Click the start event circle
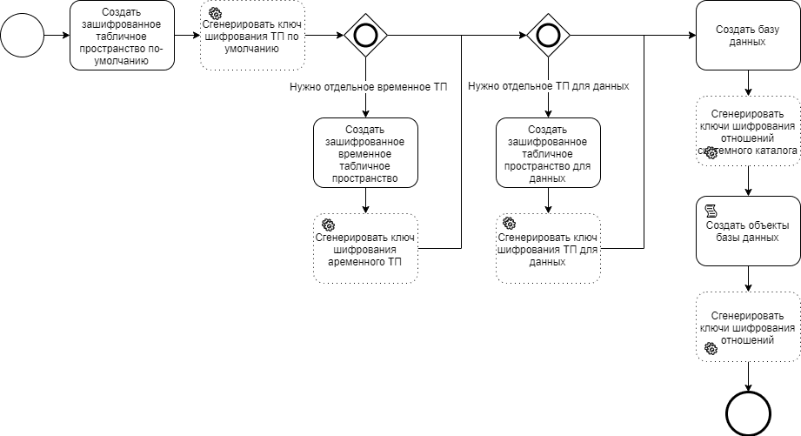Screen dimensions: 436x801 point(23,36)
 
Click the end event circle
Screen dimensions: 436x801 point(748,413)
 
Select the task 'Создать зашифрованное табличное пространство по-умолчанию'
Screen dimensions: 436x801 point(122,36)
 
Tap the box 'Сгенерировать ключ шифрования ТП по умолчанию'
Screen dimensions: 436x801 point(252,36)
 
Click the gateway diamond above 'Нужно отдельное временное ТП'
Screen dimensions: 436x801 point(365,36)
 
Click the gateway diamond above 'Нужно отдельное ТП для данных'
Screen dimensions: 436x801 point(548,36)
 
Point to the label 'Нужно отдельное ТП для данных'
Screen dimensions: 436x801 point(548,87)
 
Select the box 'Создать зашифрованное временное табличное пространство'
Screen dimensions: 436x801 point(365,152)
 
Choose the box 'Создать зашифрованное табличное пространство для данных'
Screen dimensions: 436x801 point(548,152)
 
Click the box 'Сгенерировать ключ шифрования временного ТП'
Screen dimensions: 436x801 point(365,248)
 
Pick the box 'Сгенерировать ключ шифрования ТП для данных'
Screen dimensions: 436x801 point(548,248)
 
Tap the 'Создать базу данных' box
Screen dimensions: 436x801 point(748,36)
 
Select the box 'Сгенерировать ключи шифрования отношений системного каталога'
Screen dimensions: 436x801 point(748,131)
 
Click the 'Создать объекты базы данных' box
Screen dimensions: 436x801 point(748,231)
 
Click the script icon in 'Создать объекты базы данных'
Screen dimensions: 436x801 point(710,210)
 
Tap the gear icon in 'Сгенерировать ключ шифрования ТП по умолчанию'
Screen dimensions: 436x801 point(214,14)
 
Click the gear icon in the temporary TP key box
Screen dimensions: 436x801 point(327,225)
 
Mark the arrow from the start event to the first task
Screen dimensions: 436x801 point(57,36)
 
